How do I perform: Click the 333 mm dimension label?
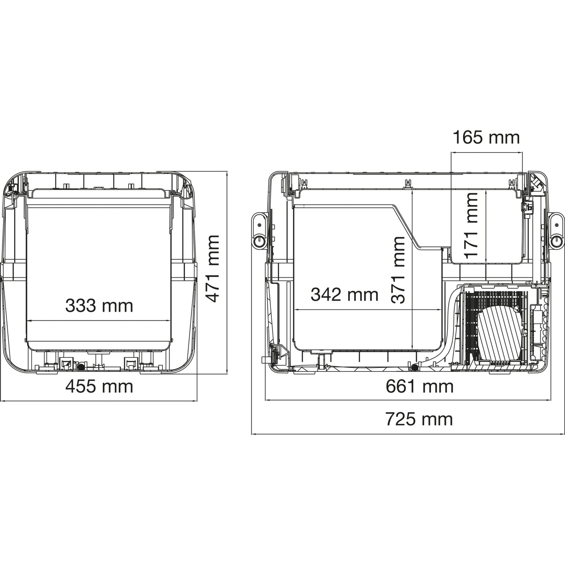click(99, 305)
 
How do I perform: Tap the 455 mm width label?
click(99, 386)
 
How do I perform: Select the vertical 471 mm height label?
click(212, 268)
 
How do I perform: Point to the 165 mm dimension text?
click(486, 138)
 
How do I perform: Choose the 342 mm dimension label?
click(344, 294)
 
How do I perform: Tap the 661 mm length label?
click(420, 386)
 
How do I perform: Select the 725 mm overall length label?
click(419, 419)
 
